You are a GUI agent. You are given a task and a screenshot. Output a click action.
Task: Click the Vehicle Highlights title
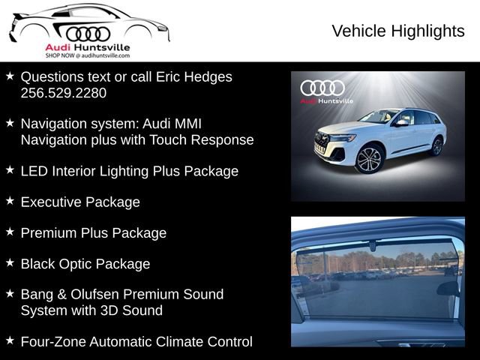397,31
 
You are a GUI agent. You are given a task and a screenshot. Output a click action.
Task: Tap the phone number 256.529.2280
64,93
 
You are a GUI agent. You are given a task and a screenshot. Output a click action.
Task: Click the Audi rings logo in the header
88,33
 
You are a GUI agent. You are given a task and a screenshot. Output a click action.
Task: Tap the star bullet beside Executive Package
10,201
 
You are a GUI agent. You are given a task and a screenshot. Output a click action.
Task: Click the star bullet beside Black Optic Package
10,262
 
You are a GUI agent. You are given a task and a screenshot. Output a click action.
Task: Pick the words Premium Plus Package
94,233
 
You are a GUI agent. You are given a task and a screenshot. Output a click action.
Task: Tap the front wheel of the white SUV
369,160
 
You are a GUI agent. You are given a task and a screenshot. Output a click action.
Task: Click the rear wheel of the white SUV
436,146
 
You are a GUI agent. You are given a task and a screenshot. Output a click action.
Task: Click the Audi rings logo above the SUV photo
322,88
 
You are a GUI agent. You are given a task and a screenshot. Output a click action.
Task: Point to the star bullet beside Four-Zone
10,340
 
